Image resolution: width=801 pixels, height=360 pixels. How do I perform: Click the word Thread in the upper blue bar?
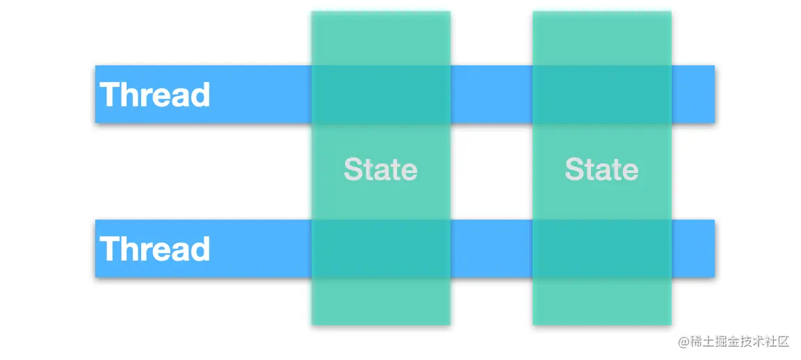(x=155, y=95)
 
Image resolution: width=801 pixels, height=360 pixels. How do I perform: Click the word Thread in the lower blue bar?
(x=155, y=248)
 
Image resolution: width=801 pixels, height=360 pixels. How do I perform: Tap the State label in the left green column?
(x=380, y=169)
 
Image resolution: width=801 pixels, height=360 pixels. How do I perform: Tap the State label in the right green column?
(x=601, y=169)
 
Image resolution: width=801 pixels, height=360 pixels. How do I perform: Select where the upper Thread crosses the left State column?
(x=380, y=95)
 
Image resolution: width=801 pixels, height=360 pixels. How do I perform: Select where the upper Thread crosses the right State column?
(x=601, y=95)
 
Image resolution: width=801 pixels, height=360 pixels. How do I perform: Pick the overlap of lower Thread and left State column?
(x=380, y=249)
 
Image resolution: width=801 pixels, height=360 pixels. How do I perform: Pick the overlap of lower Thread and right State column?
(x=601, y=249)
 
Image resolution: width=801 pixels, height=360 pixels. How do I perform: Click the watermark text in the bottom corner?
(x=734, y=342)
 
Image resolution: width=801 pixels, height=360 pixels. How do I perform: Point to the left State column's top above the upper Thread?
(x=380, y=38)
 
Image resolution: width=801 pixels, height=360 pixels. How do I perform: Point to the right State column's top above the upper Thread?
(x=601, y=38)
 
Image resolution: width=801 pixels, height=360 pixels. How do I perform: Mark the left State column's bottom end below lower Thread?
(x=380, y=302)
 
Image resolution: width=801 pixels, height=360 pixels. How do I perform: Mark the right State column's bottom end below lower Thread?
(x=601, y=302)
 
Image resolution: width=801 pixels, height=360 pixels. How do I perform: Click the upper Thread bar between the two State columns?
(x=492, y=95)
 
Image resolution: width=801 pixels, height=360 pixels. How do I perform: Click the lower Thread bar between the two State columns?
(x=492, y=249)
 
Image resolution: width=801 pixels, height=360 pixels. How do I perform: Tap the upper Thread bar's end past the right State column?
(x=693, y=95)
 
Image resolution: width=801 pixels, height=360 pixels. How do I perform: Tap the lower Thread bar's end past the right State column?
(x=693, y=249)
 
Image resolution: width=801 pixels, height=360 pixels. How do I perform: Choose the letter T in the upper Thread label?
(x=110, y=95)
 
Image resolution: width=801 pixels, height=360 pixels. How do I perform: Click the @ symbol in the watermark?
(x=683, y=342)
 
